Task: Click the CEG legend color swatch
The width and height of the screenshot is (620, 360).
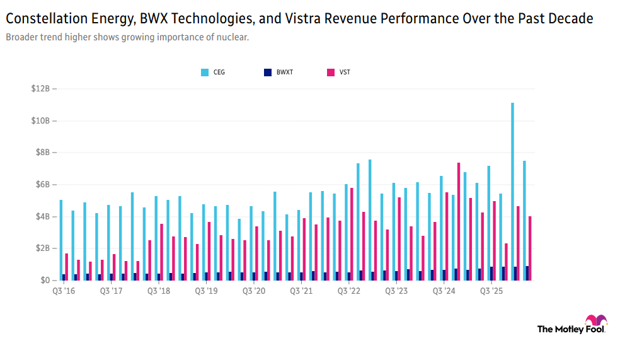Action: click(205, 73)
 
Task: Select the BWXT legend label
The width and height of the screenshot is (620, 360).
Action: click(285, 73)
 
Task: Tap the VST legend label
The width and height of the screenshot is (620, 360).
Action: click(345, 73)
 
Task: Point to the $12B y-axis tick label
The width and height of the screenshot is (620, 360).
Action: click(41, 89)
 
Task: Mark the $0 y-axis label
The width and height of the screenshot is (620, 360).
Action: click(45, 280)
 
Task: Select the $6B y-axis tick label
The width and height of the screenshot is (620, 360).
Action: click(43, 184)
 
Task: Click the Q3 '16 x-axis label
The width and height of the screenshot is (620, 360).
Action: click(64, 291)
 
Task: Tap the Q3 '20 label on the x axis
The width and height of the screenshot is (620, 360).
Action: click(254, 291)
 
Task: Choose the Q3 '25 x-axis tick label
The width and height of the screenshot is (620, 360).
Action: click(491, 291)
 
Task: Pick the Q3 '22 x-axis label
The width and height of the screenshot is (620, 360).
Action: click(349, 291)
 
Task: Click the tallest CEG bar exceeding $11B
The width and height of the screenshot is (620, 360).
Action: click(512, 192)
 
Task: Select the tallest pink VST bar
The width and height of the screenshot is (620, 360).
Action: click(459, 221)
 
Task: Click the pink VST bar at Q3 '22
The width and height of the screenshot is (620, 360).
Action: click(352, 234)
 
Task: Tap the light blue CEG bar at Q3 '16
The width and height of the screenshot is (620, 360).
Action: click(61, 240)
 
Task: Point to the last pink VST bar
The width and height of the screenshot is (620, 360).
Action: click(530, 248)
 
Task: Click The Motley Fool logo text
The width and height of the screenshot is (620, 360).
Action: click(571, 329)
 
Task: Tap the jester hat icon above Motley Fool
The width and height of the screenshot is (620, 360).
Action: click(596, 320)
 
